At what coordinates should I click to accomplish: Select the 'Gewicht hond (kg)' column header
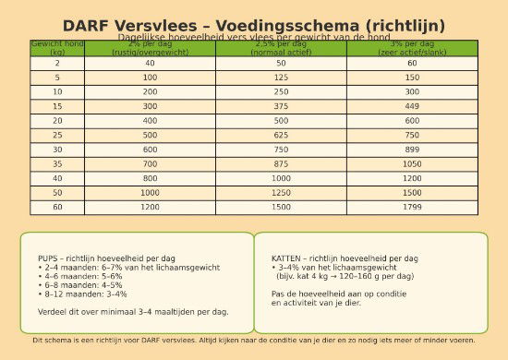[x=57, y=48]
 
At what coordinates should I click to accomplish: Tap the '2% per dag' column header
[x=150, y=48]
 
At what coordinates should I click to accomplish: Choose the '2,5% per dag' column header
[x=282, y=48]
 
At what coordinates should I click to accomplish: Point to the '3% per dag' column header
[x=412, y=48]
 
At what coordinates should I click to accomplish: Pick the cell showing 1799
[x=412, y=207]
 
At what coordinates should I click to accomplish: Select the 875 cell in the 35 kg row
[x=282, y=163]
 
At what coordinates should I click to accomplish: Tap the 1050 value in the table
[x=412, y=163]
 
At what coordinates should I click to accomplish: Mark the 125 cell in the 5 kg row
[x=282, y=78]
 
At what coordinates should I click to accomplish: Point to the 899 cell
[x=412, y=150]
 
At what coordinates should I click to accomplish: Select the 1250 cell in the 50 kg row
[x=282, y=192]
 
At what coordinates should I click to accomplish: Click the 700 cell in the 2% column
[x=150, y=163]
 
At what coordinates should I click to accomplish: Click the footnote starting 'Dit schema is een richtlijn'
[x=254, y=340]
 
